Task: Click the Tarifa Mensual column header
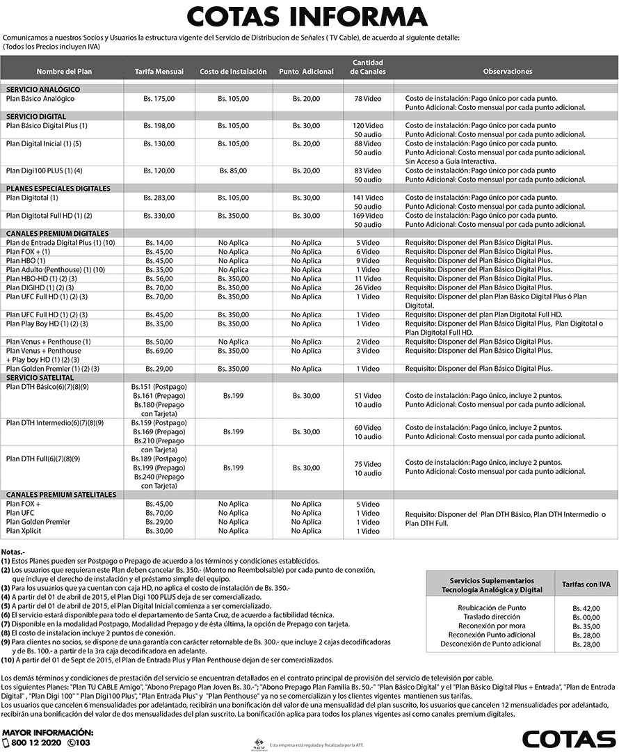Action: point(159,72)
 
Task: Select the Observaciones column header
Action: point(507,72)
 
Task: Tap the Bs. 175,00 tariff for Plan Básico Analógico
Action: point(159,99)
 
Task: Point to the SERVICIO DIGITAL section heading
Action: point(36,116)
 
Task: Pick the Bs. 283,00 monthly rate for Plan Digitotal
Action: point(159,198)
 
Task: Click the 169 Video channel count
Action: point(368,216)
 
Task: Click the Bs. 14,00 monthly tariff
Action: point(159,242)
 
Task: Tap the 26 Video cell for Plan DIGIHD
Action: point(368,287)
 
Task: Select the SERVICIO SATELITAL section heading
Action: point(40,376)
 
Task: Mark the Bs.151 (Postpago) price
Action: point(159,386)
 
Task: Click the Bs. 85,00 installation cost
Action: point(233,170)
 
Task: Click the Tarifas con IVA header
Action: point(586,585)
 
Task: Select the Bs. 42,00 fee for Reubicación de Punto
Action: point(586,608)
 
